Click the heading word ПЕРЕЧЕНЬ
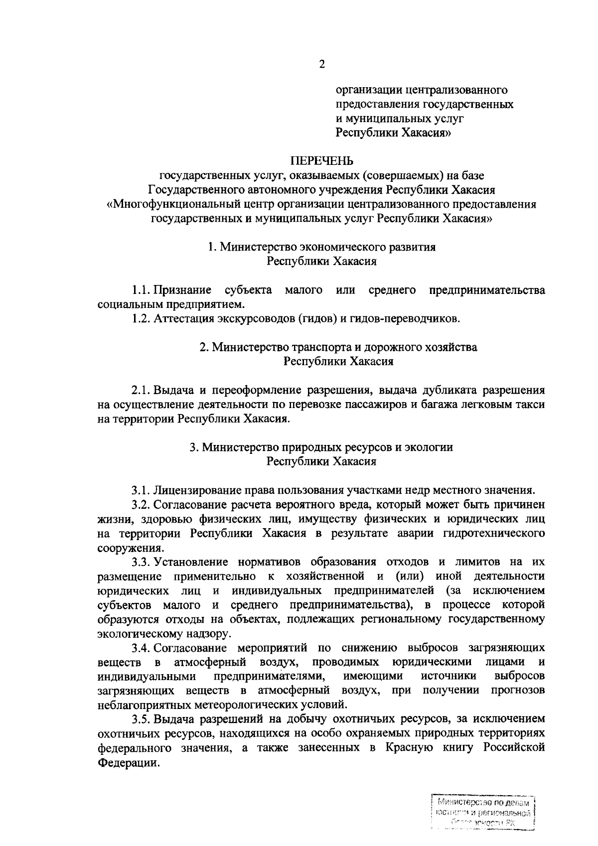tap(322, 161)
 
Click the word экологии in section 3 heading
tap(429, 447)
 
